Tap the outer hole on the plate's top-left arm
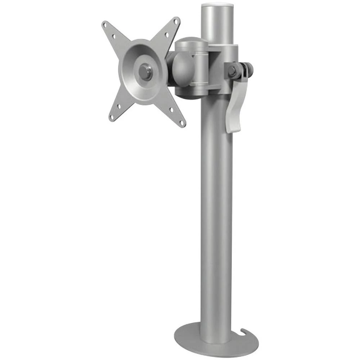pos(105,25)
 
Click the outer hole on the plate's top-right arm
pos(176,22)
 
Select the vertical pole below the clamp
pos(216,216)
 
